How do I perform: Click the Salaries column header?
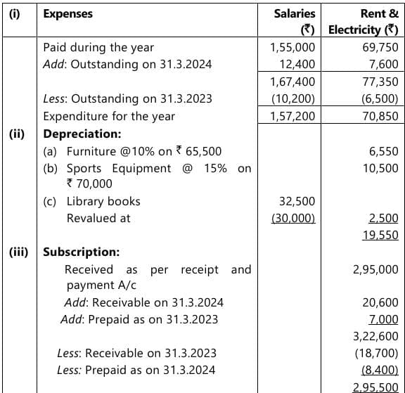(297, 13)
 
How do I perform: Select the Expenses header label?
(67, 13)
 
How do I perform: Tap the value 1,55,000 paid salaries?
(292, 48)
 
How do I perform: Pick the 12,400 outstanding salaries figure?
(297, 65)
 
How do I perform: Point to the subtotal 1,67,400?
(292, 82)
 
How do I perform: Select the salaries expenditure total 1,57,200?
(292, 116)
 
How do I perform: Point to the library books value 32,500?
(297, 201)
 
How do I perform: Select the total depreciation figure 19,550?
(380, 235)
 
